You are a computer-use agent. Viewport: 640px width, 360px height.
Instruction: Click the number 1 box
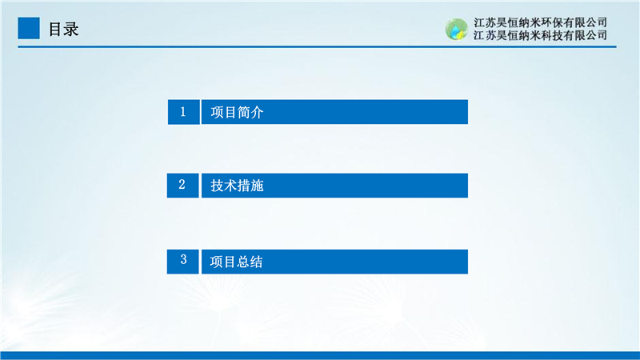tap(184, 112)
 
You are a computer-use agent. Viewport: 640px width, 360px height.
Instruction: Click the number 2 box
tap(183, 186)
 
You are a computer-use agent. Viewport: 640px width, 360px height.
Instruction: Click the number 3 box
tap(183, 262)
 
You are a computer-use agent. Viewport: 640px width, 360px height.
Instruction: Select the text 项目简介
tap(237, 112)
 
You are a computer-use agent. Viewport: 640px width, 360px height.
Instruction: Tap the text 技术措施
tap(237, 186)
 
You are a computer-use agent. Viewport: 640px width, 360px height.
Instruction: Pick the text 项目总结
tap(236, 262)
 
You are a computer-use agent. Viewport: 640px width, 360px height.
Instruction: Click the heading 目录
tap(64, 30)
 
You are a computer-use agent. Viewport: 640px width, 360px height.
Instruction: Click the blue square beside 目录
tap(29, 28)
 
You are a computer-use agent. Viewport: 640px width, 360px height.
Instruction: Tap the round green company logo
tap(456, 30)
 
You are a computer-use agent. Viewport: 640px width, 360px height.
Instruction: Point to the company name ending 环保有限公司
tap(541, 22)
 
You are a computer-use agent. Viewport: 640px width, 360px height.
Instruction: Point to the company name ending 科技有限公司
tap(541, 35)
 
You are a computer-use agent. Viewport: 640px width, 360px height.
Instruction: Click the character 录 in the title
tap(71, 30)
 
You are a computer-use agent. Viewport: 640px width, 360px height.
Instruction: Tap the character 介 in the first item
tap(257, 112)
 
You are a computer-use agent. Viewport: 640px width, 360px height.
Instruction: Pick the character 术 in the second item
tap(230, 186)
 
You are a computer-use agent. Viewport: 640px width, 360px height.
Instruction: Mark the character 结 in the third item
tap(256, 262)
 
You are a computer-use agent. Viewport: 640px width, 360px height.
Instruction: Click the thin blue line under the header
tap(317, 47)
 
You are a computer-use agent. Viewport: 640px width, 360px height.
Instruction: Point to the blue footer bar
tap(320, 355)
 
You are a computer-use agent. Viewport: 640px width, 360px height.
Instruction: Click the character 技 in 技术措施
tap(217, 186)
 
